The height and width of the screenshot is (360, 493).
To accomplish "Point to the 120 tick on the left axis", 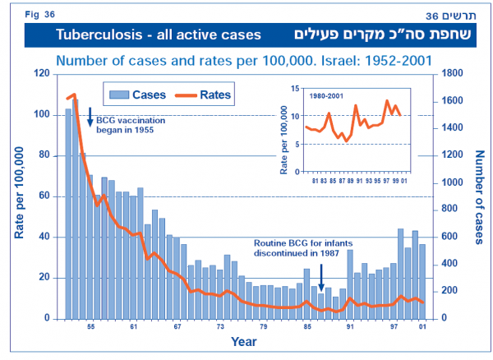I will (x=41, y=74).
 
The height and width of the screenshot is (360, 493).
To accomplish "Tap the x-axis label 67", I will (x=176, y=328).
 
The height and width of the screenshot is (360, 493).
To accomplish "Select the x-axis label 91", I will (x=350, y=328).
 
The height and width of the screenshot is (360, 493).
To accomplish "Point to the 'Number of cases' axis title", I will (x=479, y=197).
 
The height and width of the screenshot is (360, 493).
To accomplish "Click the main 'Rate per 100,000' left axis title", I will (x=18, y=197).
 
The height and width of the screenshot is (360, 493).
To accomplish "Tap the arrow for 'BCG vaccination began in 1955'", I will (x=90, y=116).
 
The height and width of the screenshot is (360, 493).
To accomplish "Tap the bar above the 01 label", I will (x=422, y=281).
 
